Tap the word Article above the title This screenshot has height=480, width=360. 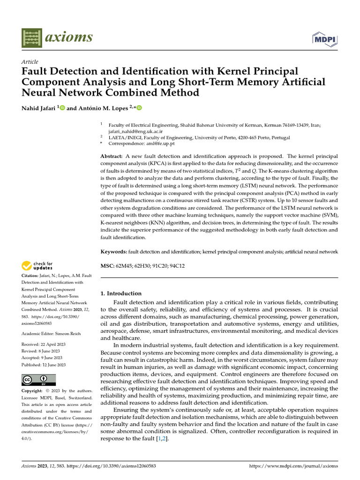[30, 62]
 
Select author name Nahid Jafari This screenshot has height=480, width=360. [39, 108]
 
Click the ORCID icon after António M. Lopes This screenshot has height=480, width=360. [139, 108]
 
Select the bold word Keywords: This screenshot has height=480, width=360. [114, 252]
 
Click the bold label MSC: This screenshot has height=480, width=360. [107, 266]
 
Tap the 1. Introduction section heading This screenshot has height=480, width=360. [121, 293]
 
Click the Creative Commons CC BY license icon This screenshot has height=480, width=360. [38, 380]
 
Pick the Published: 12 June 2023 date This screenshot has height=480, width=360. [44, 365]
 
